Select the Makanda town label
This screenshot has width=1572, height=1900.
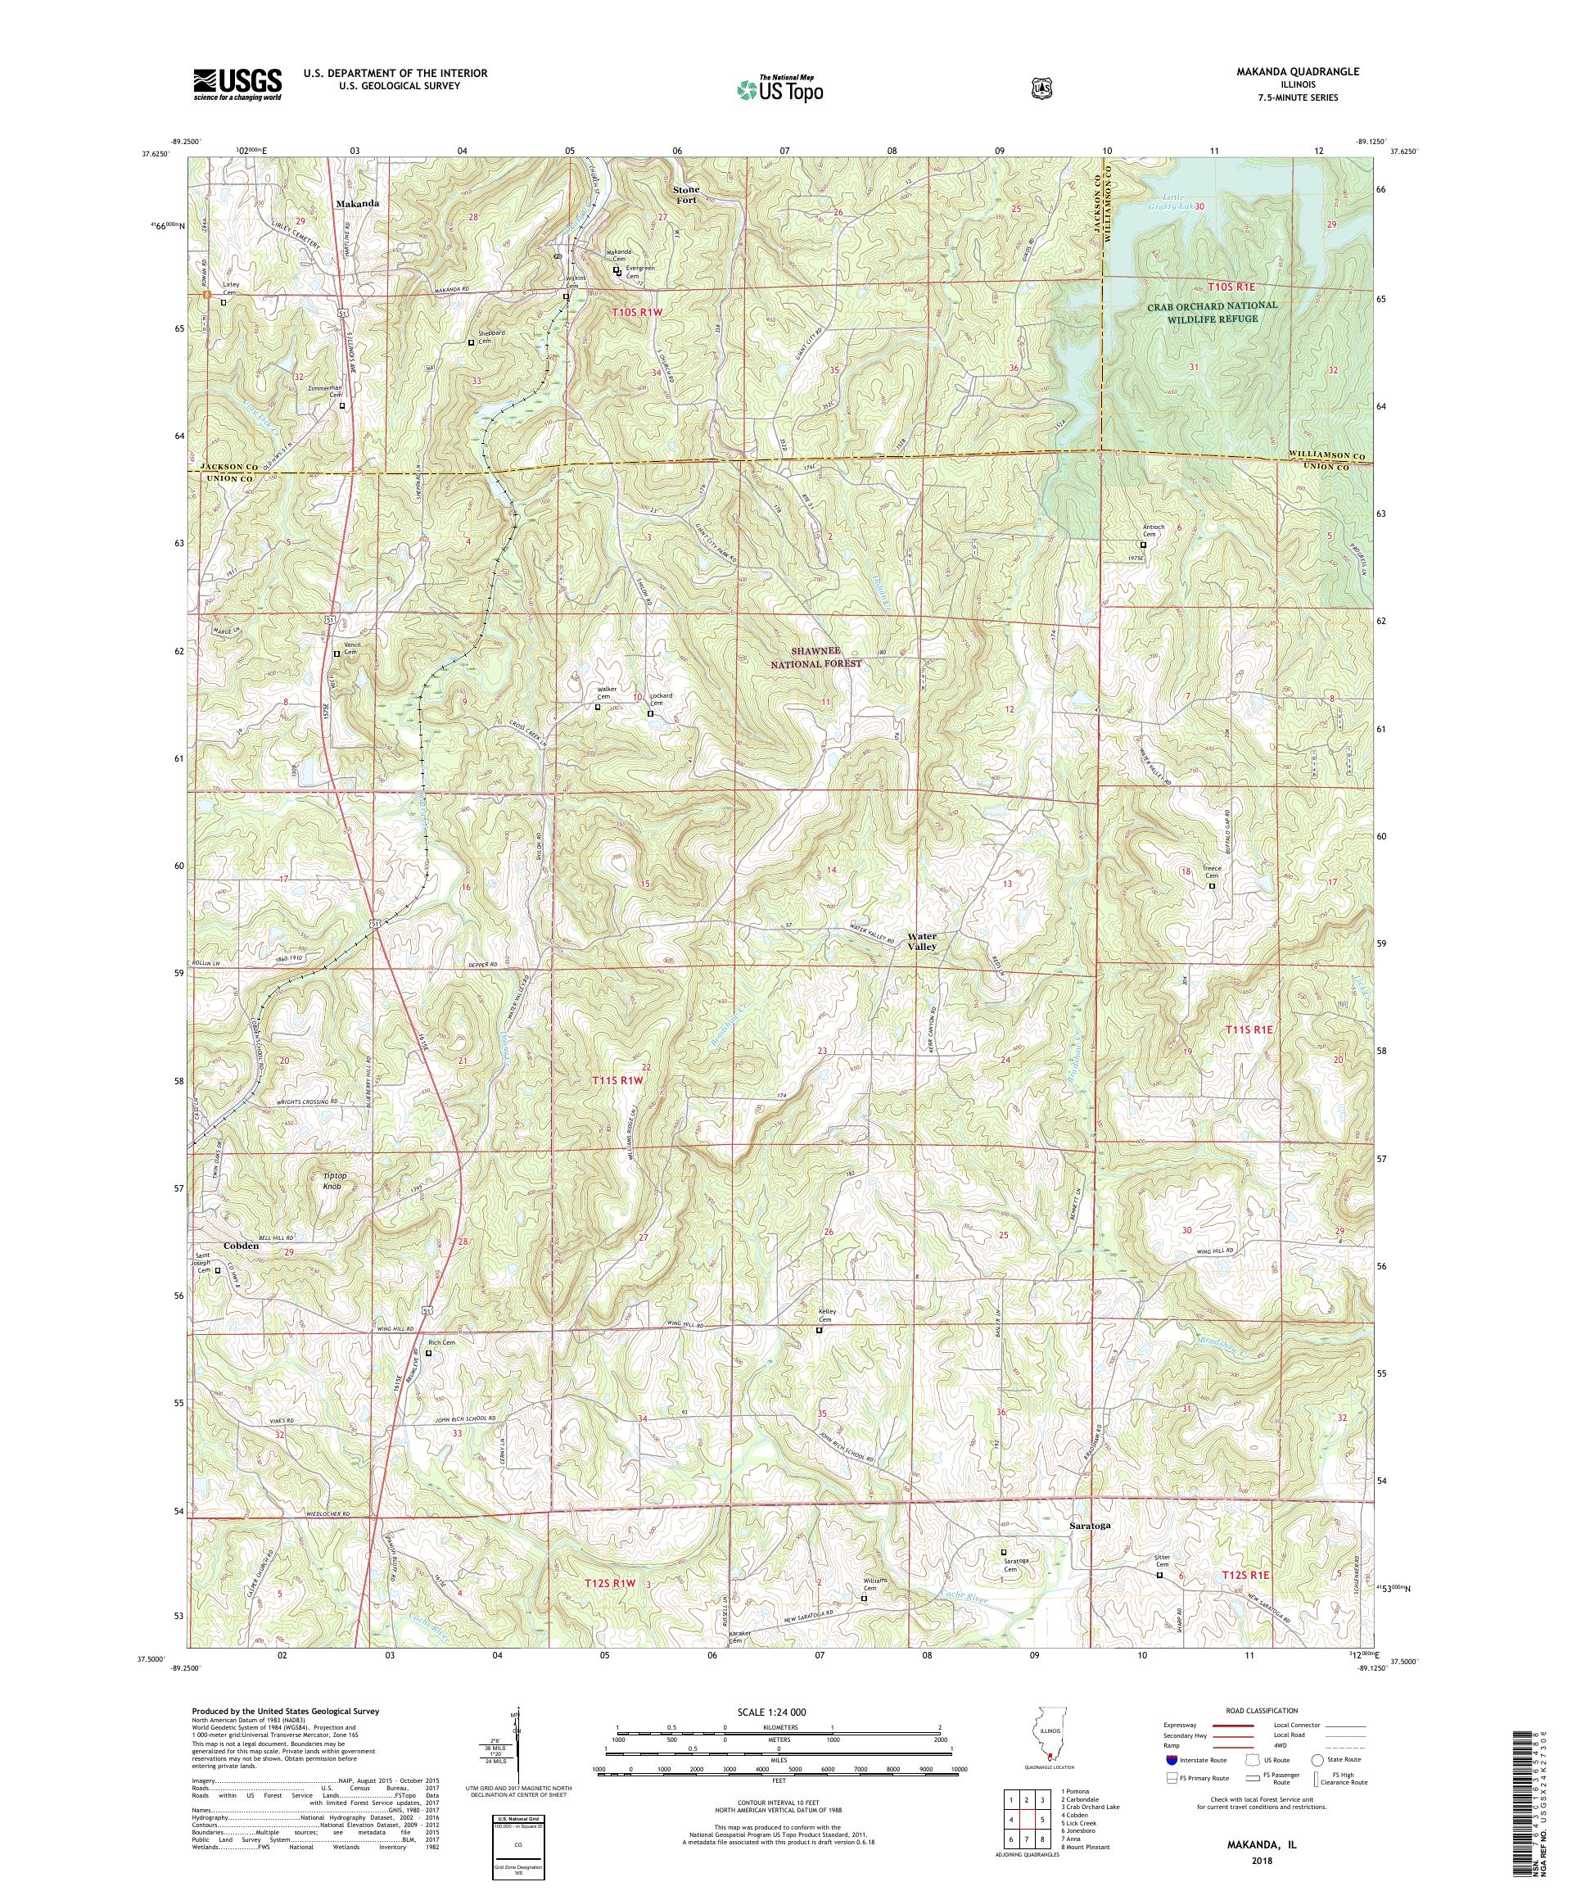click(357, 204)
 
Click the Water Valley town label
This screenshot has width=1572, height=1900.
click(924, 941)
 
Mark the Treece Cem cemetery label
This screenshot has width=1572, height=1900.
click(1212, 872)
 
